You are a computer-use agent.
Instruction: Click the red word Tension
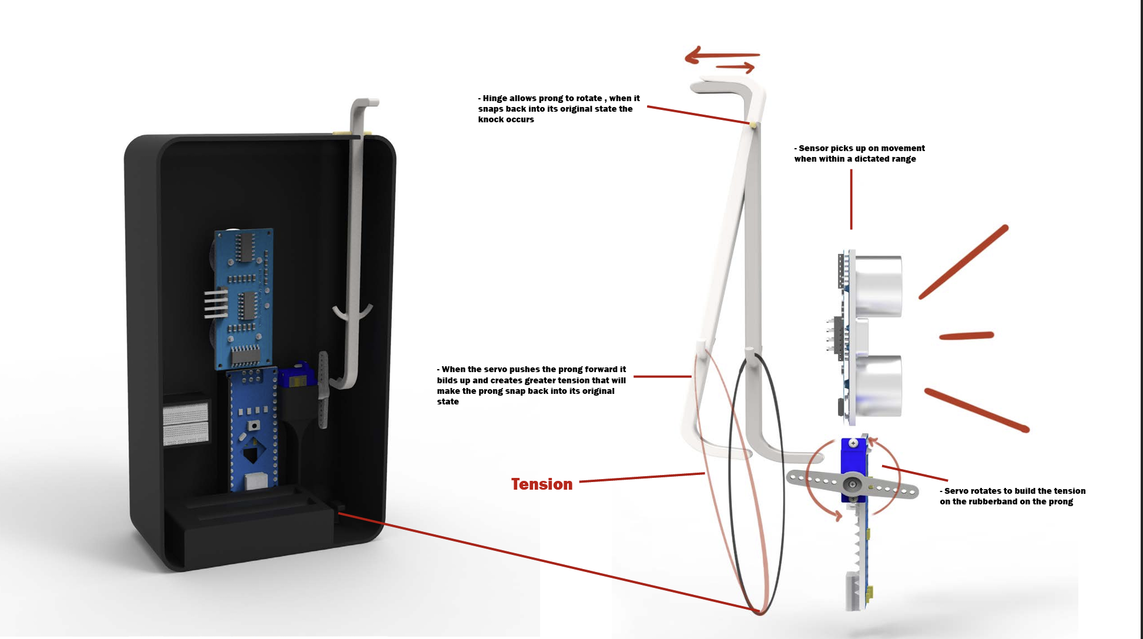[x=541, y=484]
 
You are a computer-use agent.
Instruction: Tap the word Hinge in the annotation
[x=494, y=98]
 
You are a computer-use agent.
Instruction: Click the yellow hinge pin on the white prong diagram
[x=753, y=124]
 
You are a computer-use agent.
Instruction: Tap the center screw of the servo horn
[x=852, y=485]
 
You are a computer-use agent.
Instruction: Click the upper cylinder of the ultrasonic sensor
[x=878, y=286]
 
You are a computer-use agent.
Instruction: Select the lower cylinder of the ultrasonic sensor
[x=878, y=386]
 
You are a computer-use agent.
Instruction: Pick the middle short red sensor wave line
[x=966, y=336]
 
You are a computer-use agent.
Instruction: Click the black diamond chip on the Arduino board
[x=252, y=453]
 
